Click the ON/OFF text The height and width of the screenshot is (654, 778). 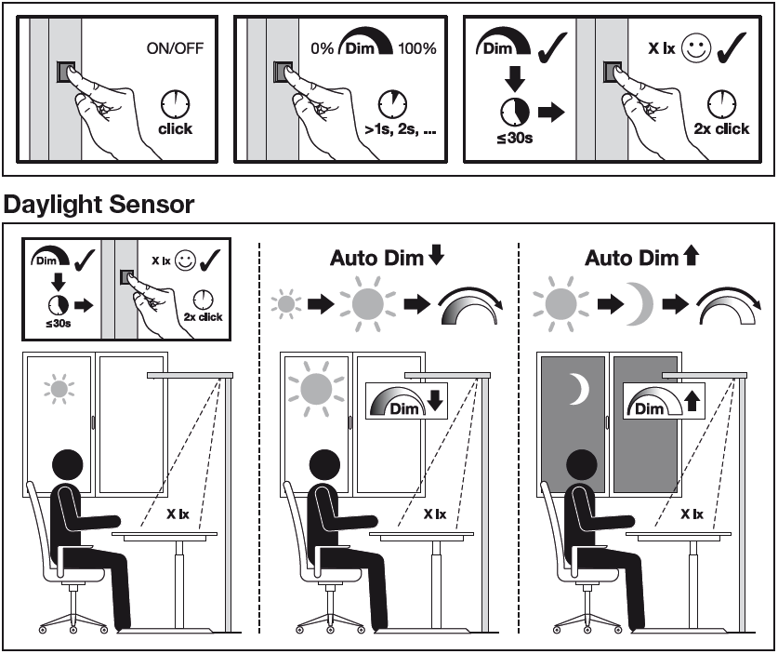coord(175,48)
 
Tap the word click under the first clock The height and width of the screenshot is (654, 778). coord(175,128)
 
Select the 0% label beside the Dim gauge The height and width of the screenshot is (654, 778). coord(323,48)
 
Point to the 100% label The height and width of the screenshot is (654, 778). coord(417,48)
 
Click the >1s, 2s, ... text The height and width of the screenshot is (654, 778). coord(401,129)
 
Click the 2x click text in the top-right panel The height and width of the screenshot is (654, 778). coord(721,128)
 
